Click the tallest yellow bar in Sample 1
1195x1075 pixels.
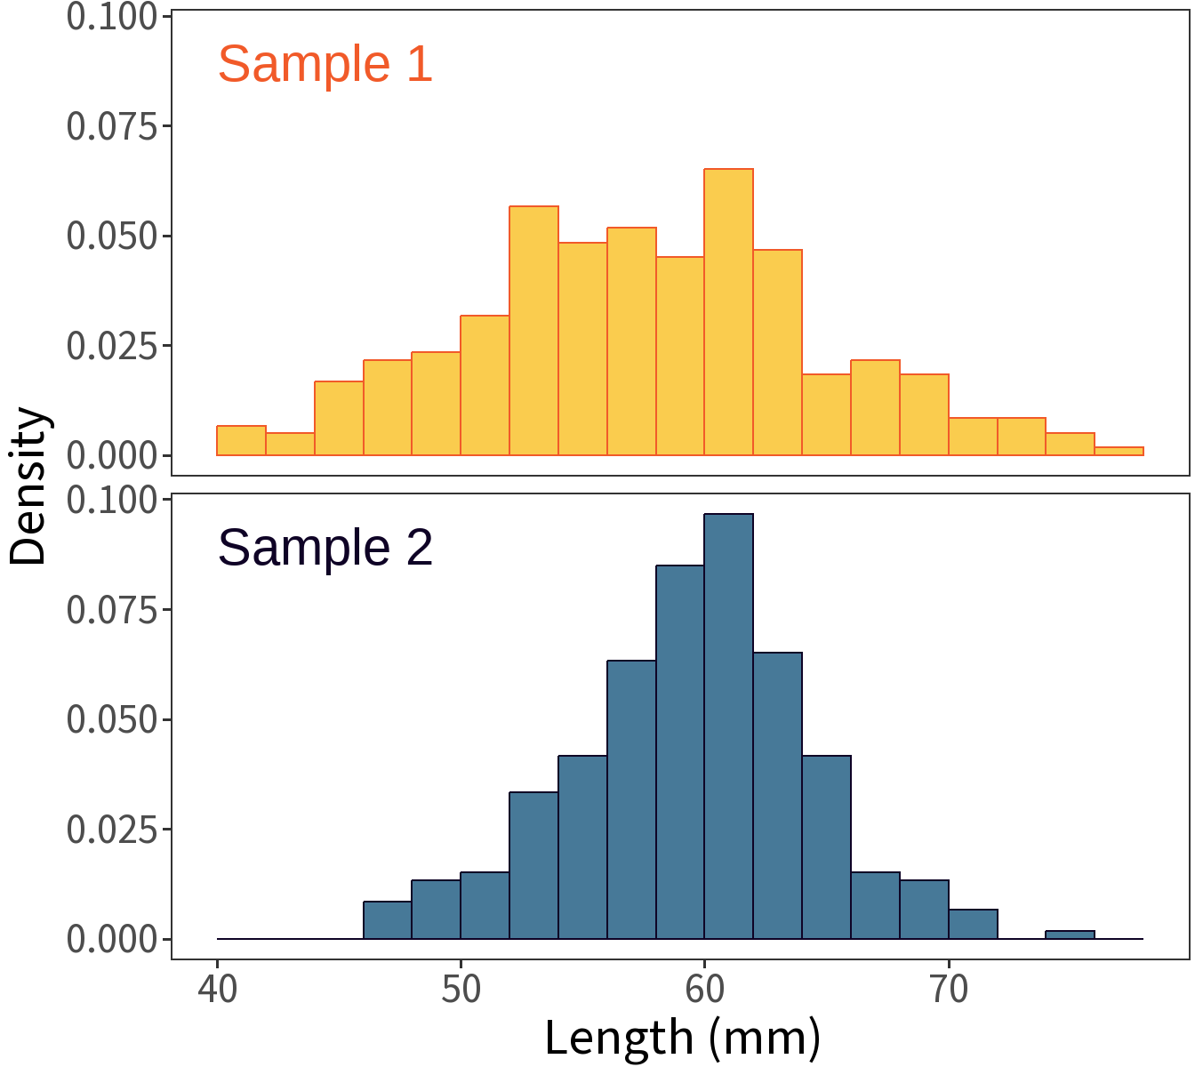(x=728, y=312)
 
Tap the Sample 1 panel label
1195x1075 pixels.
(x=325, y=64)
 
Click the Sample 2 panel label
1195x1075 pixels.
(x=325, y=548)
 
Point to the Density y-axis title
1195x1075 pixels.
(x=28, y=486)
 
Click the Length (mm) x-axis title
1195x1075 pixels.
(x=682, y=1038)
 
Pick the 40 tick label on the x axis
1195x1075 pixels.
(x=218, y=989)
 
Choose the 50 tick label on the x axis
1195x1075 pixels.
(x=461, y=989)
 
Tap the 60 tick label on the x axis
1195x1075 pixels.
(x=705, y=989)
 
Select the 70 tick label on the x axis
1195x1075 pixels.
(x=949, y=989)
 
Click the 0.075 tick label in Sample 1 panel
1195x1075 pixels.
(x=112, y=126)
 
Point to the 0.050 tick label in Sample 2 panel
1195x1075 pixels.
(x=112, y=719)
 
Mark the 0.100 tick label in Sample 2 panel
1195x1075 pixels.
(x=112, y=500)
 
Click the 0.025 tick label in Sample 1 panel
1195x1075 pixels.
(x=112, y=346)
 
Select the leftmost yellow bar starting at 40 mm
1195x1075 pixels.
(x=241, y=441)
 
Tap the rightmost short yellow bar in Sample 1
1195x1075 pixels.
(x=1119, y=451)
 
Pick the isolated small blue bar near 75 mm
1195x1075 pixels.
(x=1070, y=935)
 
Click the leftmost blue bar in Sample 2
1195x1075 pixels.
(x=388, y=920)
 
